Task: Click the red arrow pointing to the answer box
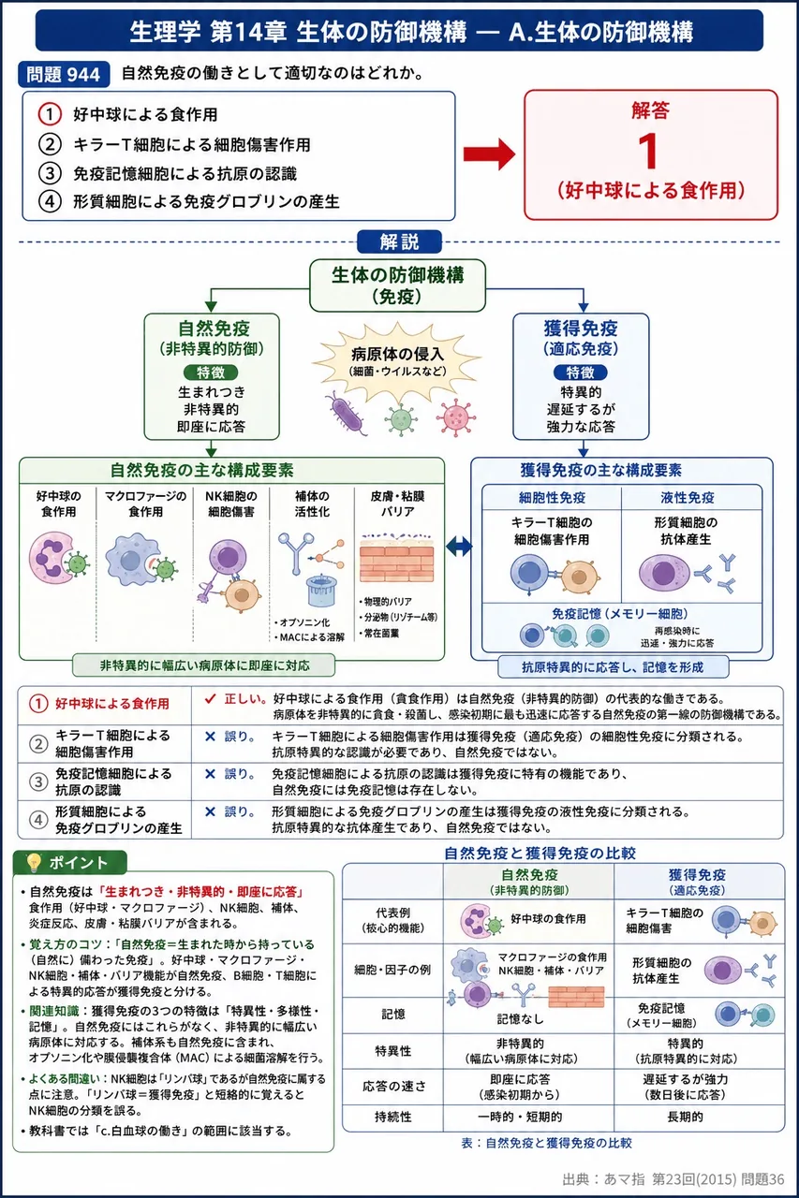[489, 154]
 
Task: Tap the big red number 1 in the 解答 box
[648, 151]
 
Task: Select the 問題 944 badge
[64, 74]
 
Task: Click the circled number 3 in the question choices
[50, 173]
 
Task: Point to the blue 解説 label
[399, 241]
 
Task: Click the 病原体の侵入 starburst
[397, 362]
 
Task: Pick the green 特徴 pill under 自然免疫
[211, 373]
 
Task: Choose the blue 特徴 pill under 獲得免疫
[581, 373]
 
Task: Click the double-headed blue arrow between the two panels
[459, 547]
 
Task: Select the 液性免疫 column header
[688, 498]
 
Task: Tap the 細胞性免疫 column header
[552, 498]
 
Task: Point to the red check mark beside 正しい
[211, 698]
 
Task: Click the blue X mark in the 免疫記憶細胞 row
[211, 774]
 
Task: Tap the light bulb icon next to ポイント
[34, 862]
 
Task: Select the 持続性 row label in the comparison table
[392, 1117]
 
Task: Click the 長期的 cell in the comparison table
[685, 1117]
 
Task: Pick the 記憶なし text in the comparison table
[520, 1019]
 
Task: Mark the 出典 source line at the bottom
[673, 1178]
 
